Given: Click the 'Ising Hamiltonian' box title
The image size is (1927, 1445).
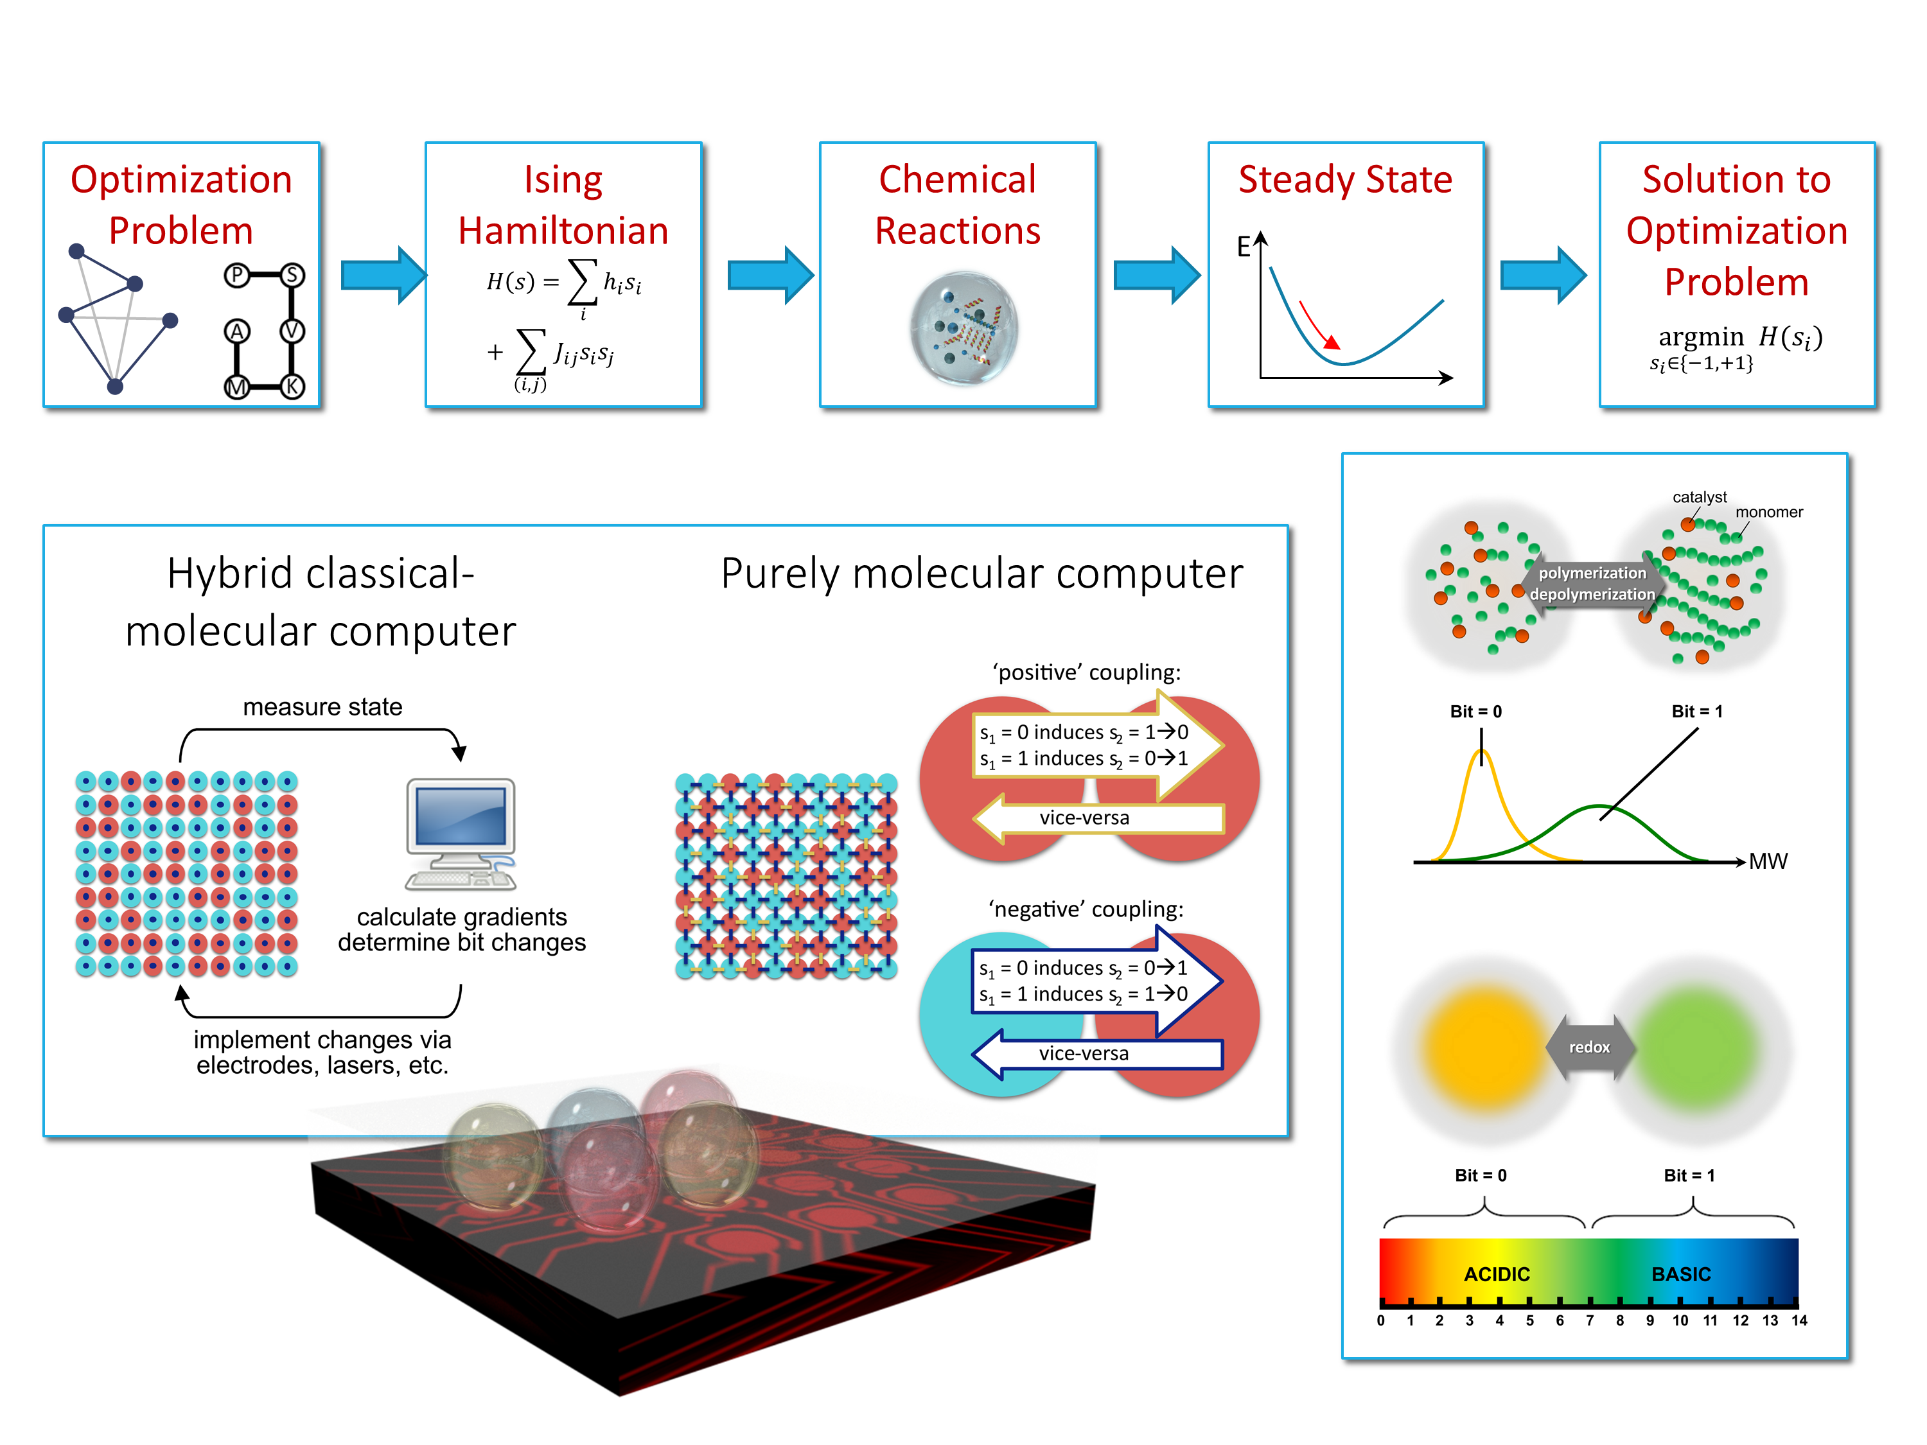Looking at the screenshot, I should [563, 206].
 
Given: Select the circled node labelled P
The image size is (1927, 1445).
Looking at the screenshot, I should [236, 276].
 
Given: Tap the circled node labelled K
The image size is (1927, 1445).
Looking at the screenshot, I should [293, 386].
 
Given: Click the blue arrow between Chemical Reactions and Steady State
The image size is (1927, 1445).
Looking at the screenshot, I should [1156, 276].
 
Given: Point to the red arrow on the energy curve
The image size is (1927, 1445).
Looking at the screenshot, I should [1317, 325].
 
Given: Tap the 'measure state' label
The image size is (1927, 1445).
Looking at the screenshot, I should [322, 706].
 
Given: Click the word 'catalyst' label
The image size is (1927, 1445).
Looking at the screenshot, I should [1699, 497].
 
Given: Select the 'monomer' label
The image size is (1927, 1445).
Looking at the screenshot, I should [1768, 512].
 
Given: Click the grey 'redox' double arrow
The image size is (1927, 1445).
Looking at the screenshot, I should [1589, 1047].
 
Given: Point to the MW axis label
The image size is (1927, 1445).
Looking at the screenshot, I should [1768, 861].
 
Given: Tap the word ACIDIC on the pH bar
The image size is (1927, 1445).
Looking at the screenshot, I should [1496, 1274].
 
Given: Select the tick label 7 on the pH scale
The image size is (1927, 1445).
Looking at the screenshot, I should [1589, 1320].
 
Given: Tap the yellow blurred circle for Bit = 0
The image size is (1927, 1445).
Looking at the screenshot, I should [1481, 1049].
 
